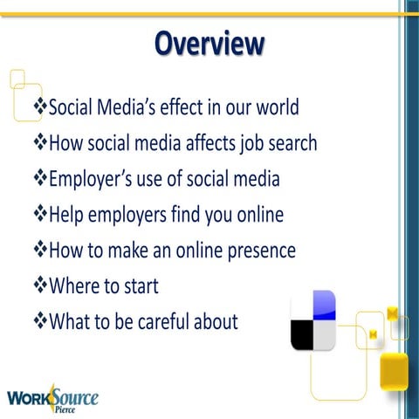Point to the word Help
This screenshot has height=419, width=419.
click(x=69, y=215)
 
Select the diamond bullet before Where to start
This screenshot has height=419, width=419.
click(x=39, y=285)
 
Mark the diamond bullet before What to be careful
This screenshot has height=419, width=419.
click(x=39, y=321)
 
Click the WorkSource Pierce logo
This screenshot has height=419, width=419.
click(x=52, y=399)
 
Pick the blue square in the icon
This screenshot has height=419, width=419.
click(x=325, y=304)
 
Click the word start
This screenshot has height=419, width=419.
click(x=141, y=286)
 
